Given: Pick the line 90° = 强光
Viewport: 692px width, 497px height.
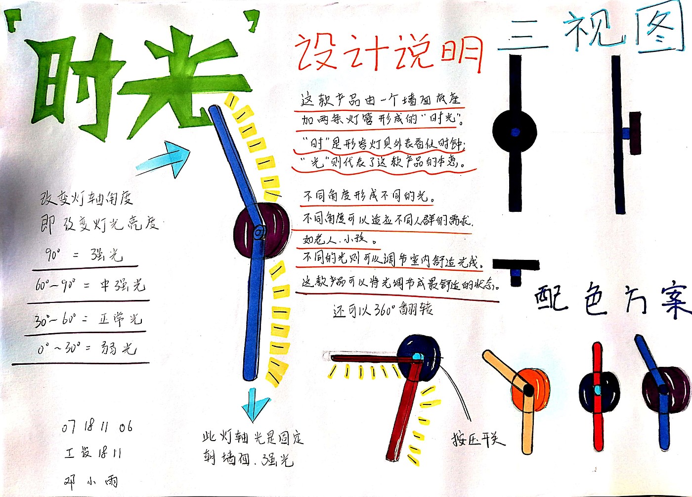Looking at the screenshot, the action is pyautogui.click(x=84, y=255).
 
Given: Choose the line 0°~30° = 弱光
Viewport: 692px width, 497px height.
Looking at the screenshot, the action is pyautogui.click(x=87, y=348).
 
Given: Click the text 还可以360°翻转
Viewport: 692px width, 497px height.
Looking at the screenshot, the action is pyautogui.click(x=383, y=310).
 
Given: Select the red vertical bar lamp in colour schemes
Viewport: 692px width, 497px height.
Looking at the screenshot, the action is pyautogui.click(x=598, y=391).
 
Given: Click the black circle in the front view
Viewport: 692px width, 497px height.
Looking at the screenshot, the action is pyautogui.click(x=515, y=132).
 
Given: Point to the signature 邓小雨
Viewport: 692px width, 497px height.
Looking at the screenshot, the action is pyautogui.click(x=91, y=481).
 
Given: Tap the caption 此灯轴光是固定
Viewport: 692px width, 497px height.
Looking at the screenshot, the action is pyautogui.click(x=253, y=437).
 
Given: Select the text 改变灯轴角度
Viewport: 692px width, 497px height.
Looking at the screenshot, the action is pyautogui.click(x=86, y=199).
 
